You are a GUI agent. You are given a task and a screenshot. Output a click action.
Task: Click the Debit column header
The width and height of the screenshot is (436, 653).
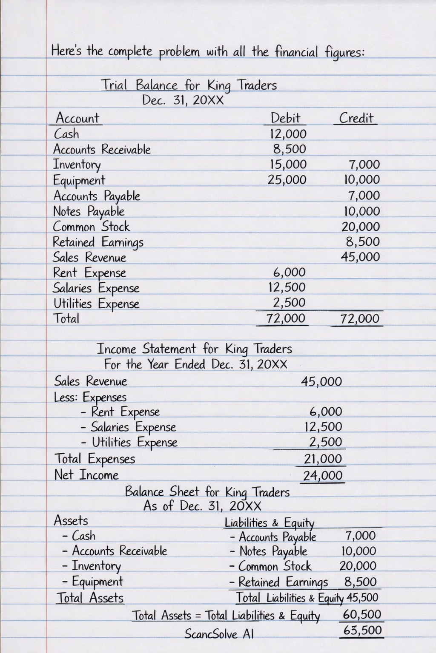(285, 118)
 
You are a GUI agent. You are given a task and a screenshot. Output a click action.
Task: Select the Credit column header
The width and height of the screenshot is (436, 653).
(356, 118)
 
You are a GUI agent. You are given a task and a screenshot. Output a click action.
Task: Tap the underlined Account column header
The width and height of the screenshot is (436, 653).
(77, 118)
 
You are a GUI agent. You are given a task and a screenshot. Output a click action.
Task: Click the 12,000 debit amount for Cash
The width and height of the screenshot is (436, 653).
(288, 134)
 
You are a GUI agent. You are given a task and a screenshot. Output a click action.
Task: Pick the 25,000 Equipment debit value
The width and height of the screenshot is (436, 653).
(287, 180)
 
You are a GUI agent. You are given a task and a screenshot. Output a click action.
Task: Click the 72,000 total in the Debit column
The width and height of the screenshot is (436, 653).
(285, 318)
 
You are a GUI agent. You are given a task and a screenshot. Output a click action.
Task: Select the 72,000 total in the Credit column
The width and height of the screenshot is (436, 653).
(360, 318)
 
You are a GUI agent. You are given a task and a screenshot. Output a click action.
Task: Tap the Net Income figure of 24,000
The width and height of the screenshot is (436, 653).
(323, 475)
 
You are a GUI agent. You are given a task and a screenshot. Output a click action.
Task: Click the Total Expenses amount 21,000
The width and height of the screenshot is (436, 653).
(323, 459)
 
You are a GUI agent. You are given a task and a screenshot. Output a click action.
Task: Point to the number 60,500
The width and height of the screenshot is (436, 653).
(362, 615)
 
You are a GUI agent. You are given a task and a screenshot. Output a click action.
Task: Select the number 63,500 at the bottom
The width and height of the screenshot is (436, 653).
(363, 630)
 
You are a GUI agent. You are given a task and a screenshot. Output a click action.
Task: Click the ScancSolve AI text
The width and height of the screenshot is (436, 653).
(219, 634)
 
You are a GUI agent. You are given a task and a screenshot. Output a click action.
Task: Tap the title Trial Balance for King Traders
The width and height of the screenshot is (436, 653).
(189, 85)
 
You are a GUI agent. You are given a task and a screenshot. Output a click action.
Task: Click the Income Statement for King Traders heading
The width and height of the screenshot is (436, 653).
(195, 349)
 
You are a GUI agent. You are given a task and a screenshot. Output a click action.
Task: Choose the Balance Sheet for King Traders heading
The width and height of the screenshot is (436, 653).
(207, 492)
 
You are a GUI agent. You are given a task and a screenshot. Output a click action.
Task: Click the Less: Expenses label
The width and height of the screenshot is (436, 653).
(90, 397)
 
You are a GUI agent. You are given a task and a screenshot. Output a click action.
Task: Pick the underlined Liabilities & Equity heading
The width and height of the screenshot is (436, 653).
(269, 522)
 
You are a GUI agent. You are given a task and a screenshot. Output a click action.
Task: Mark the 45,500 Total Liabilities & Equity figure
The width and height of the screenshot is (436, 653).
(363, 598)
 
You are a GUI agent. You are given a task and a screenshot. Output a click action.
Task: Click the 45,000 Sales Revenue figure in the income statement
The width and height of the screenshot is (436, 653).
(321, 381)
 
